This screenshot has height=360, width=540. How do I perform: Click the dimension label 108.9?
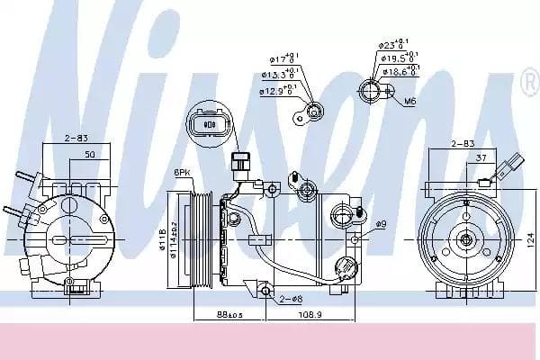tap(309, 314)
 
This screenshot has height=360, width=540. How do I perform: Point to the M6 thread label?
tap(410, 101)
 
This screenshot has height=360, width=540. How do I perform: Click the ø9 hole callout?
tap(381, 224)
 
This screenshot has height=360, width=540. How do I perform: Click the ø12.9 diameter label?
tap(277, 91)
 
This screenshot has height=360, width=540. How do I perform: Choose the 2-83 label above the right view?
tap(463, 143)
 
